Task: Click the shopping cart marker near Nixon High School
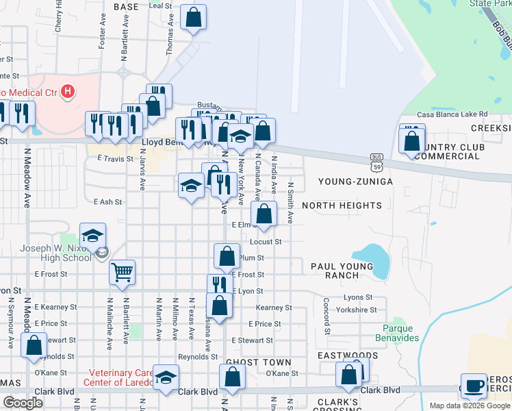tap(122, 272)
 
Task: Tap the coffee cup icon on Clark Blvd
tap(474, 386)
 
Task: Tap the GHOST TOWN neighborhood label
tap(258, 362)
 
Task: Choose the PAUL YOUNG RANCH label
tap(344, 271)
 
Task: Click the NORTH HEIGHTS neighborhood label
tap(342, 206)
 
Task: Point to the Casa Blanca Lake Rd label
tap(452, 114)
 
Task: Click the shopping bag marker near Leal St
tap(193, 18)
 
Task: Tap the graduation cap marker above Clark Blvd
tap(165, 377)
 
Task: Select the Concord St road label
tap(327, 316)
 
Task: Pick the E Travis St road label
tap(114, 158)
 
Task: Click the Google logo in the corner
tap(23, 403)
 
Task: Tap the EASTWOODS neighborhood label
tap(347, 356)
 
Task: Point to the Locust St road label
tap(266, 242)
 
